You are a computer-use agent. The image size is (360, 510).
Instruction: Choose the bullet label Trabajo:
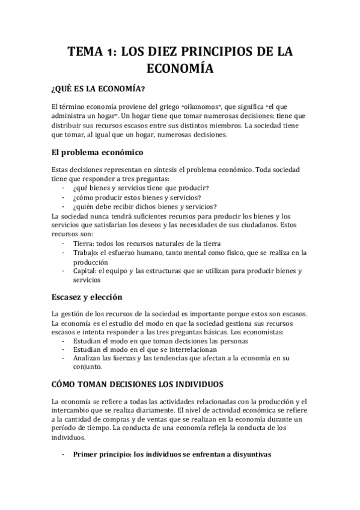[88, 253]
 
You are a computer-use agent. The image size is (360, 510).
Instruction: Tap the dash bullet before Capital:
[64, 271]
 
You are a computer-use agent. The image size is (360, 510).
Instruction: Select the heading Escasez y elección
[87, 297]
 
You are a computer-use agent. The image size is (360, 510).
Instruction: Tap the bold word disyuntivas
[247, 455]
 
